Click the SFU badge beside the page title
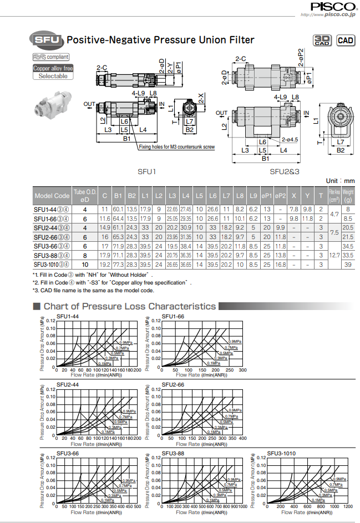click(x=45, y=39)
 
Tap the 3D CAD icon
click(x=322, y=40)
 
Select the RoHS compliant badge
click(x=50, y=57)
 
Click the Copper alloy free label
click(x=53, y=68)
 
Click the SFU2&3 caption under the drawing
click(x=285, y=171)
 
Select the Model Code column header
click(x=52, y=196)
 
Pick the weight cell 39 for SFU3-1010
click(x=348, y=265)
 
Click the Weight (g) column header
click(x=348, y=196)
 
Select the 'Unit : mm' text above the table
click(x=339, y=181)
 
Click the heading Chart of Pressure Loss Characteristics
click(x=129, y=306)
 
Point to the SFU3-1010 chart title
click(x=281, y=453)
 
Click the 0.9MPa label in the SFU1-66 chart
click(x=235, y=342)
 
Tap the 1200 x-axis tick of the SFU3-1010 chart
click(x=348, y=506)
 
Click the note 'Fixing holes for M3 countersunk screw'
click(x=176, y=148)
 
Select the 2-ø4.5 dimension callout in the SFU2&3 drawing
click(x=289, y=140)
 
